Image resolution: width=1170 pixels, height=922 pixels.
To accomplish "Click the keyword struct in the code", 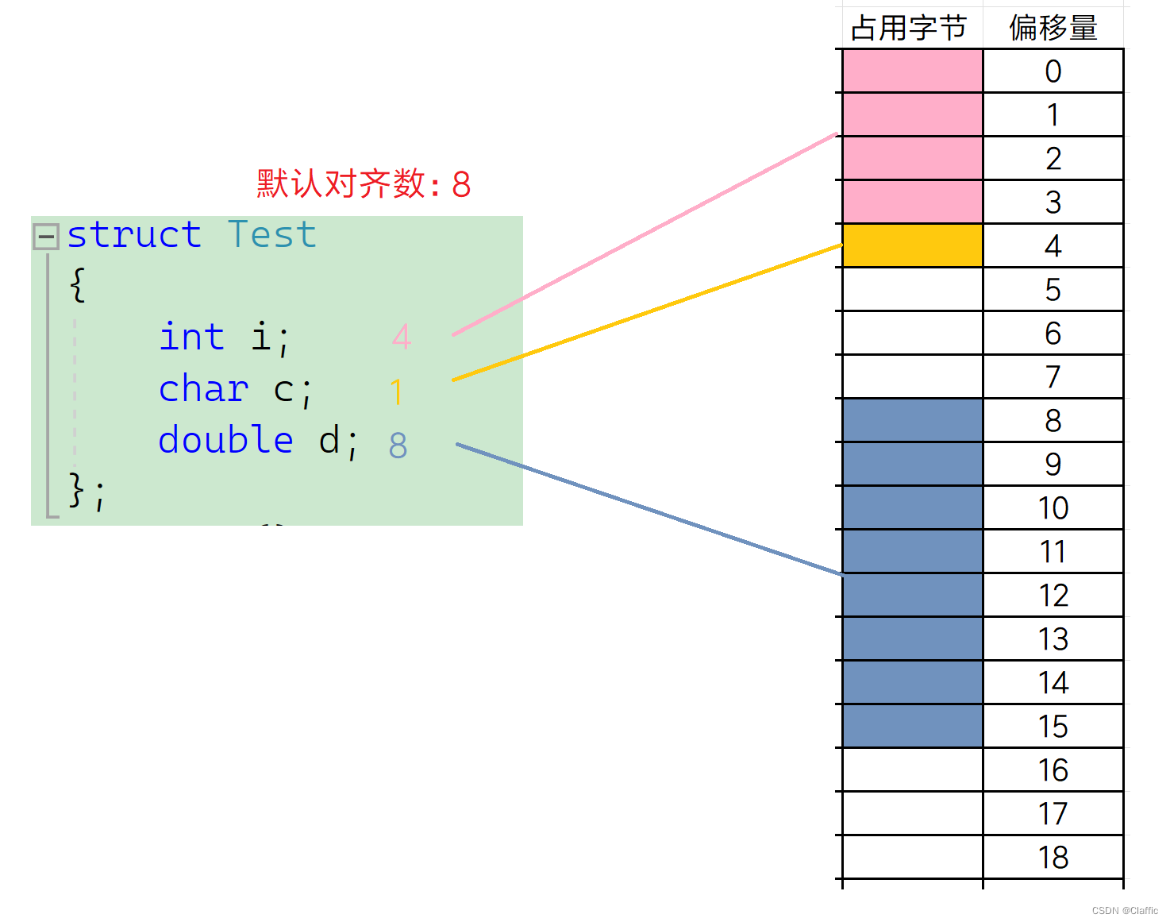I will pos(133,235).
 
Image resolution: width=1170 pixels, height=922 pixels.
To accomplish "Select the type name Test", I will pos(271,235).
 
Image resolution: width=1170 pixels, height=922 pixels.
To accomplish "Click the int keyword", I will pos(192,337).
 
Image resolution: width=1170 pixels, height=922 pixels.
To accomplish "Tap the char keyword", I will pos(203,389).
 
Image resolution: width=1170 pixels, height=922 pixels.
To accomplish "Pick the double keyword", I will pos(225,440).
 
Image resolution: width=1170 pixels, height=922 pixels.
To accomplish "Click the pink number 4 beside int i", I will pos(402,338).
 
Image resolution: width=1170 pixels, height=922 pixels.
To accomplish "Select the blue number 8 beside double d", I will pos(398,446).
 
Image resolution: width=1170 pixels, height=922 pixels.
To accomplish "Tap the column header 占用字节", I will pos(909,29).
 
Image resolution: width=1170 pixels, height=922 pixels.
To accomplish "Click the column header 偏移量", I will pos(1053,29).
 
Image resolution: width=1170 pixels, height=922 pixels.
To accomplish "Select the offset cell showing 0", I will pos(1053,71).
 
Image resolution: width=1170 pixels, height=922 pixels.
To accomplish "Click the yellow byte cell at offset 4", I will pos(912,245).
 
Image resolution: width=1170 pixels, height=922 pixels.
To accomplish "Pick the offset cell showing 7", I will pos(1053,376).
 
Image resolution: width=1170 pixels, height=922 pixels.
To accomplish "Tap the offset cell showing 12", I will pos(1053,596).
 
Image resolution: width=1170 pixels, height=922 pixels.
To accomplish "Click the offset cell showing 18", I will pos(1053,858).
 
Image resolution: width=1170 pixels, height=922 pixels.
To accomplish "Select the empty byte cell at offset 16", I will pos(912,770).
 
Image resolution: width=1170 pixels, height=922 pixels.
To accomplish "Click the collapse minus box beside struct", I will pos(45,236).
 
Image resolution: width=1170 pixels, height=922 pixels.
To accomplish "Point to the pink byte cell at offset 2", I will pos(912,158).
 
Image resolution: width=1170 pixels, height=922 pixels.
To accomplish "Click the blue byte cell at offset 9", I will pos(912,464).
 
